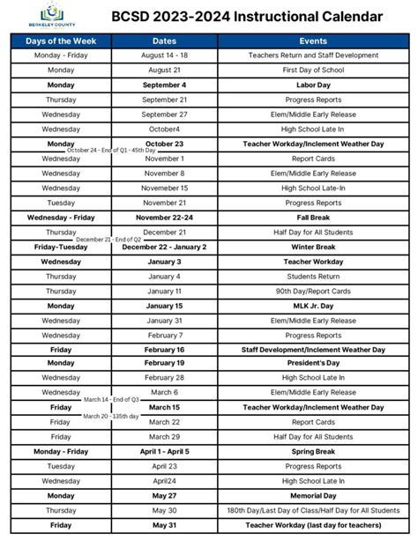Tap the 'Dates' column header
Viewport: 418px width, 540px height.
point(165,41)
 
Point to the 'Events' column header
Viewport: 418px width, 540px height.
point(313,41)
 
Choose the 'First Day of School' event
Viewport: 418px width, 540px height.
point(313,69)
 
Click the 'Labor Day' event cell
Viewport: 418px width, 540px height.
point(313,85)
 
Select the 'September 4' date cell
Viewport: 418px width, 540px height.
point(165,85)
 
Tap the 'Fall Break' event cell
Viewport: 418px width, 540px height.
point(313,217)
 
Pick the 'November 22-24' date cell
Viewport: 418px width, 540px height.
point(165,217)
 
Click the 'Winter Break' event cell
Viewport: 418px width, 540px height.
point(313,247)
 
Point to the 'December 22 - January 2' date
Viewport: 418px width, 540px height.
point(165,247)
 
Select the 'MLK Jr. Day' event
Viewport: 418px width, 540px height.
point(313,306)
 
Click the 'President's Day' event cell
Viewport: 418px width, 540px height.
point(313,362)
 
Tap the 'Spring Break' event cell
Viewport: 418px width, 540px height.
point(313,452)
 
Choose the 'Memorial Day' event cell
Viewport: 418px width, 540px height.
point(313,496)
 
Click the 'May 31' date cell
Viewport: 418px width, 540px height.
point(165,526)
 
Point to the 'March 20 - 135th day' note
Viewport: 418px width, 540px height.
point(112,415)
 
